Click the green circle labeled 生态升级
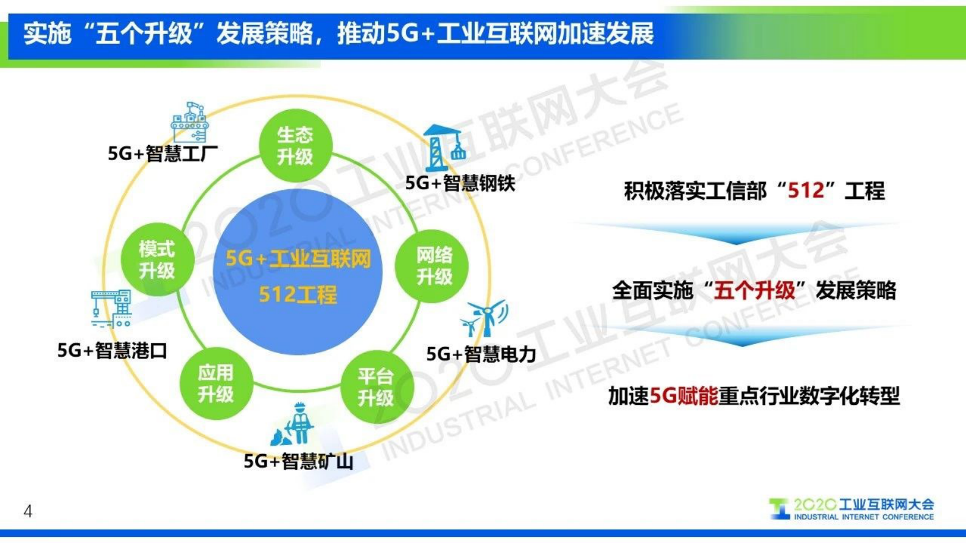pyautogui.click(x=295, y=145)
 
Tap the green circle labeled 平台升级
pyautogui.click(x=376, y=387)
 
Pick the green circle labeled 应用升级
pyautogui.click(x=215, y=384)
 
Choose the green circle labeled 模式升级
pyautogui.click(x=157, y=259)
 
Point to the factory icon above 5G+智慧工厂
pyautogui.click(x=190, y=122)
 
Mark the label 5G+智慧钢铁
pyautogui.click(x=460, y=183)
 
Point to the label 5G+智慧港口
pyautogui.click(x=112, y=351)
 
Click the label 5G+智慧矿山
pyautogui.click(x=298, y=461)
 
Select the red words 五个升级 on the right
pyautogui.click(x=754, y=290)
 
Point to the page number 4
pyautogui.click(x=28, y=511)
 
